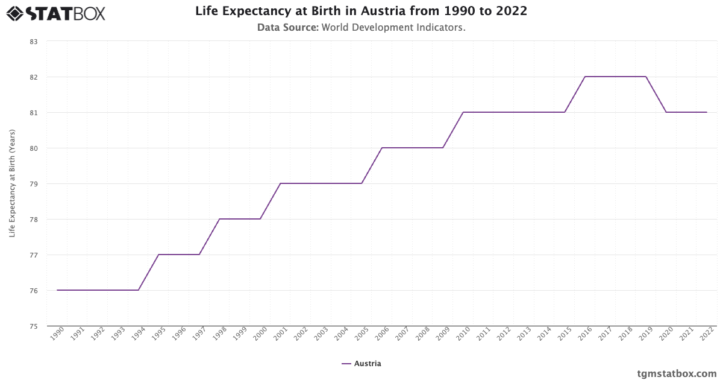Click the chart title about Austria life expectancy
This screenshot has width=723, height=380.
(361, 11)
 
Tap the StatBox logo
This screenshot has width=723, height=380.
(56, 13)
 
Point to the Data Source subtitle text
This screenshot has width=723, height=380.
(361, 28)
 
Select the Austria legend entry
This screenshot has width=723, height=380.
(361, 364)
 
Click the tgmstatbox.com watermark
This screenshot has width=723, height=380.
(677, 373)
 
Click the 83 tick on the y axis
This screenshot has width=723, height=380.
(33, 42)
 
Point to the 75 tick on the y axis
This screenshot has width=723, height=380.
(33, 326)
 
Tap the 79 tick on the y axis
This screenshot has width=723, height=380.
(33, 184)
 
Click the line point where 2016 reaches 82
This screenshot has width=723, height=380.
(585, 77)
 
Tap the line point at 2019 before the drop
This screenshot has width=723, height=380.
(646, 77)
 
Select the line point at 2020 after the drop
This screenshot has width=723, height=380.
(666, 112)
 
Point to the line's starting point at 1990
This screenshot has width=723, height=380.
(58, 290)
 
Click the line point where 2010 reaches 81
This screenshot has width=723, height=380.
(463, 112)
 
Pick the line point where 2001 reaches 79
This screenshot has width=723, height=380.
(281, 183)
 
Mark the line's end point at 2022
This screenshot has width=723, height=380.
(707, 112)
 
